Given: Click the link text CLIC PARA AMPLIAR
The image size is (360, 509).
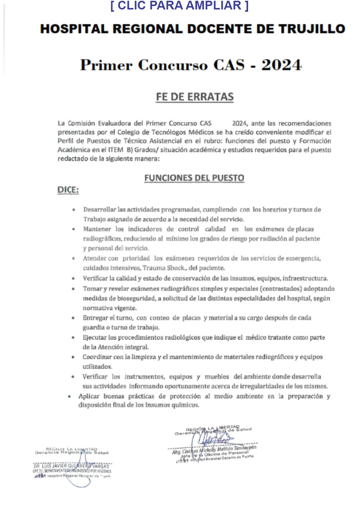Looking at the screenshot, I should click(179, 6).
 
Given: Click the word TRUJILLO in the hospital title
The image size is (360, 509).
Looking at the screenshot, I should click(312, 29).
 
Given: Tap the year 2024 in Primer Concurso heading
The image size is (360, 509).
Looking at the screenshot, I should click(281, 65).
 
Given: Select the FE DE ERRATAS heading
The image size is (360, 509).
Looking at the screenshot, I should click(195, 97).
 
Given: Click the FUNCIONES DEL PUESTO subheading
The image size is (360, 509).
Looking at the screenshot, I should click(194, 178).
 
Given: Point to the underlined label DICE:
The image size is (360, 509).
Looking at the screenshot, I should click(68, 190).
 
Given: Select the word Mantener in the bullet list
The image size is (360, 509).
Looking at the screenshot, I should click(97, 229).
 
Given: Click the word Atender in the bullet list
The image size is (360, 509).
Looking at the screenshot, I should click(95, 258).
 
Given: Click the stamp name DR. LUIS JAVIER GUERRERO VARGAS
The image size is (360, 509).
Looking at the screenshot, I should click(71, 466).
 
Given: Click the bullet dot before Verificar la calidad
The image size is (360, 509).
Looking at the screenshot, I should click(73, 279).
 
